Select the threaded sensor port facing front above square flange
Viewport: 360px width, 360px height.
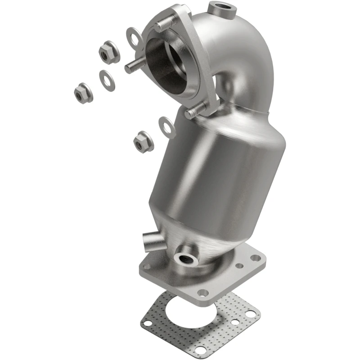click(x=186, y=258)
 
